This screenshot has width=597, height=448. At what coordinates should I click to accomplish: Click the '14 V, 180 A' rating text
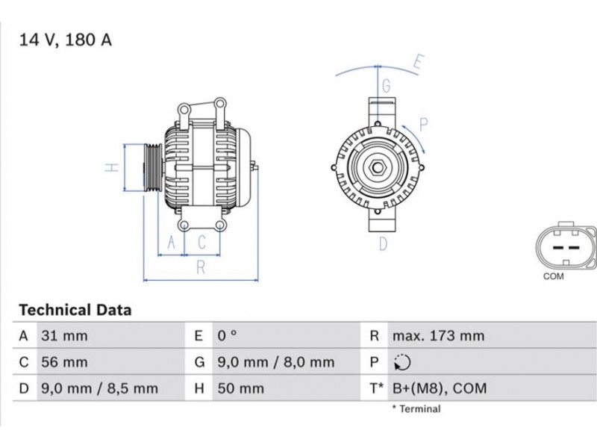(66, 40)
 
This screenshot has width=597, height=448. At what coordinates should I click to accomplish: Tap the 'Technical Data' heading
(75, 310)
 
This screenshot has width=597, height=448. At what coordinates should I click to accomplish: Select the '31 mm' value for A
(64, 336)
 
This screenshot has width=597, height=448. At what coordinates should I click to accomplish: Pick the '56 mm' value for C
(64, 362)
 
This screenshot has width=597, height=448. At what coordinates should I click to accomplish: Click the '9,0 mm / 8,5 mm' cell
(99, 388)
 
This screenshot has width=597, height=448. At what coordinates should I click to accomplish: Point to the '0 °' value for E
(228, 336)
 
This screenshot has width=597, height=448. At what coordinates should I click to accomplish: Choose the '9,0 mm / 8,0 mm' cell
(276, 362)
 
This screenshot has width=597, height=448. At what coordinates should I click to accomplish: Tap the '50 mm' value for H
(240, 388)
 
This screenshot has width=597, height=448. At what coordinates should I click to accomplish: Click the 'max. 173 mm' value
(439, 336)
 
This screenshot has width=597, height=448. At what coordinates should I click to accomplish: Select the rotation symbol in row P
(402, 362)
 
